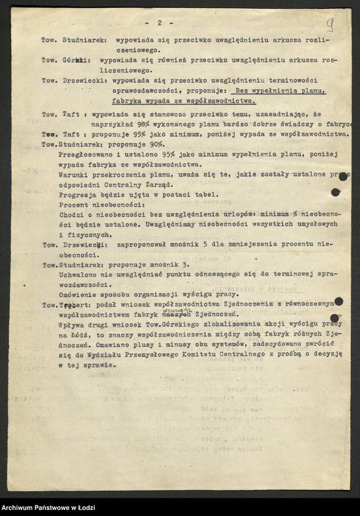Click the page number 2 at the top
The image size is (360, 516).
(x=159, y=23)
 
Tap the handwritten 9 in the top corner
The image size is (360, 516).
(x=330, y=25)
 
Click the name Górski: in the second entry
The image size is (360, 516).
(x=77, y=60)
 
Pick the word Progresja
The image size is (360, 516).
(x=77, y=195)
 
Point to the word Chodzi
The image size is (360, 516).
(x=72, y=214)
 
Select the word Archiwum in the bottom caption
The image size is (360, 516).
(x=20, y=507)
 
